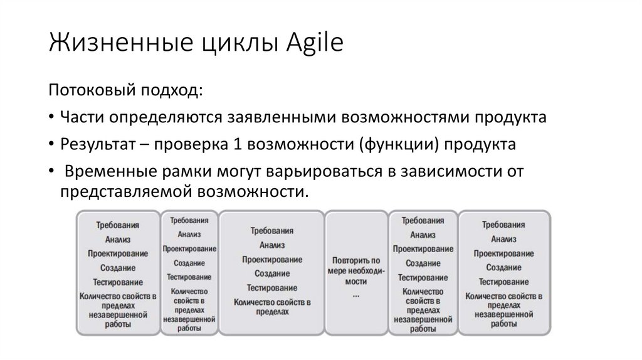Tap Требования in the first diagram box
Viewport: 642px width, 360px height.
click(118, 225)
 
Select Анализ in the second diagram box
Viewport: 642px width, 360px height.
click(189, 235)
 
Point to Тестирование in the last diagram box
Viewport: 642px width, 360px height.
click(503, 282)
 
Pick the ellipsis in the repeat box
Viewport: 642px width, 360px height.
click(356, 294)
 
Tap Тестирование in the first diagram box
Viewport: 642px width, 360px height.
click(118, 282)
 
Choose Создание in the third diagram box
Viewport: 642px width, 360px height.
click(271, 273)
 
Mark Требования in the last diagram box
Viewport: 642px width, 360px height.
click(503, 225)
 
